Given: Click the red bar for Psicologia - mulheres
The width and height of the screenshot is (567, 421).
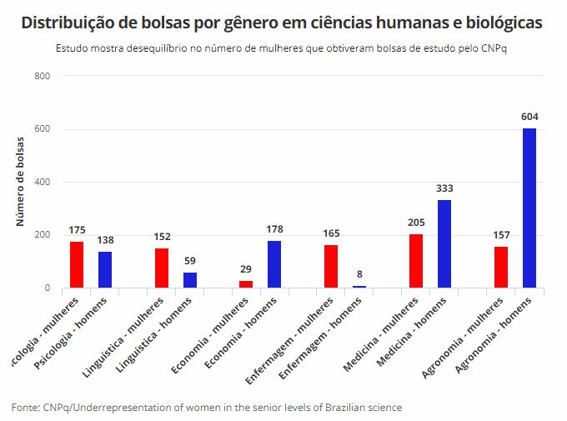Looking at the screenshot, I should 77,265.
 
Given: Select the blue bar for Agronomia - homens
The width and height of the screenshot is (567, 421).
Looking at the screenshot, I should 529,208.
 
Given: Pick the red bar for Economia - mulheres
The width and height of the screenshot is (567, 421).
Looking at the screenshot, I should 246,284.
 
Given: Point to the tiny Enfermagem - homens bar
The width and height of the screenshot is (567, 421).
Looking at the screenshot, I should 359,287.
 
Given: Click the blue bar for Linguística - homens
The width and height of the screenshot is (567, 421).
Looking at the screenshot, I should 190,280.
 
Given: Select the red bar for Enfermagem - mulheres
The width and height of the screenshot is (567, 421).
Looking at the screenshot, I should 331,267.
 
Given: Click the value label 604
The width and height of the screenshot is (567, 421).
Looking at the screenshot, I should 529,117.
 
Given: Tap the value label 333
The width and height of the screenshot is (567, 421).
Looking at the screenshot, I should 444,188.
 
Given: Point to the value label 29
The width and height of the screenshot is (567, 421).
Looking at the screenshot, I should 246,269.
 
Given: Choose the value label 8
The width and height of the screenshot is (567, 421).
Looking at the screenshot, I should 359,274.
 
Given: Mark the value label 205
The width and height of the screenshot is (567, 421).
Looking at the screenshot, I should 416,223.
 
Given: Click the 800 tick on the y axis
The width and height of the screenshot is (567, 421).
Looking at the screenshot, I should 43,77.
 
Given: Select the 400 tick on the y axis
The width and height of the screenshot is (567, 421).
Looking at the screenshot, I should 43,183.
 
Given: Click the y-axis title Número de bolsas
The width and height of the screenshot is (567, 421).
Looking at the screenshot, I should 21,183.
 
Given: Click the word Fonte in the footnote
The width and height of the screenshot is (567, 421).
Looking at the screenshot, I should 25,408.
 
